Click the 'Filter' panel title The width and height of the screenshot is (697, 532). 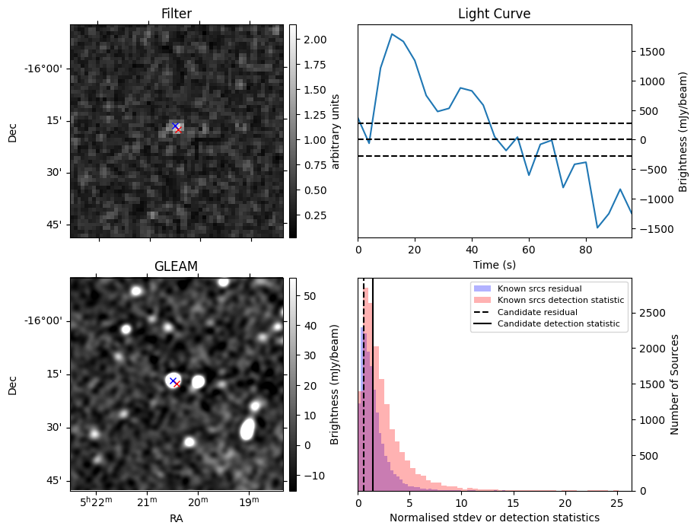177,14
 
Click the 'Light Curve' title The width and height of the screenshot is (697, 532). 494,14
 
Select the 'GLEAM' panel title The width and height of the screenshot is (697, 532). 177,266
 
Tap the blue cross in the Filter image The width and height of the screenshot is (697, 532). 175,126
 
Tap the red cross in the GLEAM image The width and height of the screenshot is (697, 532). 177,384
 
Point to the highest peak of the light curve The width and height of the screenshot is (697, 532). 391,34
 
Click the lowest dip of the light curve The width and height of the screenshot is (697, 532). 597,228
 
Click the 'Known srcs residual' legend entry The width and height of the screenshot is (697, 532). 539,289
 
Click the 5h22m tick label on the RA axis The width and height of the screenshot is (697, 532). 96,502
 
